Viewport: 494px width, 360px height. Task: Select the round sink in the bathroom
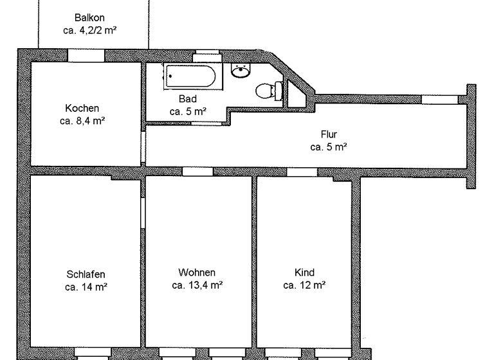tap(241, 71)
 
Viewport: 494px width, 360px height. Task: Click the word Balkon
tap(89, 18)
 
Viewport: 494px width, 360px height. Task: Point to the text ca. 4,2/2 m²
tap(89, 30)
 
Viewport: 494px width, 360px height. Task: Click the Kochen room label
tap(82, 108)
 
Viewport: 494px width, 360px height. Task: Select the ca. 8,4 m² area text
tap(82, 120)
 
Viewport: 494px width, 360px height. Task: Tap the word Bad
tap(187, 99)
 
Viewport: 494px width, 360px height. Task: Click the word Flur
tap(329, 134)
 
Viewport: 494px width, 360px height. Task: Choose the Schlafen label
tap(86, 273)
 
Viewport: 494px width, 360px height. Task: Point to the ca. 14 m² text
tap(86, 287)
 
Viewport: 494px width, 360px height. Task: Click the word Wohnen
tap(197, 272)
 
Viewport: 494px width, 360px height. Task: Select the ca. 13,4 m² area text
tap(197, 285)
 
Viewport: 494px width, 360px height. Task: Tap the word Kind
tap(304, 272)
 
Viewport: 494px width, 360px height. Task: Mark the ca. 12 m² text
tap(304, 285)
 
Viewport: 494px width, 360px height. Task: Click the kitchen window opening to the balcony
tap(86, 55)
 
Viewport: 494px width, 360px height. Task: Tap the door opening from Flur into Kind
tap(301, 172)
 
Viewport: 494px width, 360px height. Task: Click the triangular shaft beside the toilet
tap(295, 94)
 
